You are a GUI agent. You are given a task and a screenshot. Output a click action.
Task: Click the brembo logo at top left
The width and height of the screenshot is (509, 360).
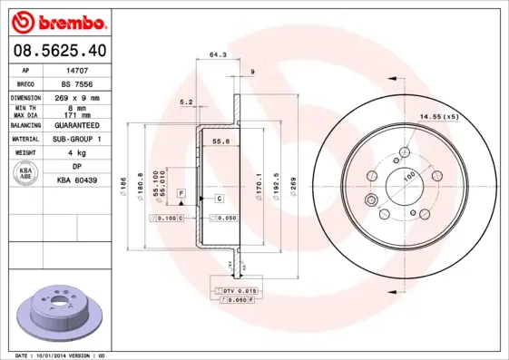point(57,20)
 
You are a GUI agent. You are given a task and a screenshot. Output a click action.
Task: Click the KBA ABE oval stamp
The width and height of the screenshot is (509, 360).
point(26,174)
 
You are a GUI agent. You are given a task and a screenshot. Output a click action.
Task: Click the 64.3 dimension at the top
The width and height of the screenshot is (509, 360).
point(217,55)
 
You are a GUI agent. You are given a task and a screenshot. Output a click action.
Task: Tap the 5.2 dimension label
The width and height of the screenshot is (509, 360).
point(187,102)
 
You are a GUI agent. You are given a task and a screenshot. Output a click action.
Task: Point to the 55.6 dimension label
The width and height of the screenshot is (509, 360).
point(219,141)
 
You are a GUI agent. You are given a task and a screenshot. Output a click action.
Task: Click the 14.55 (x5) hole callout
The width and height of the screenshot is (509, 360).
point(438,115)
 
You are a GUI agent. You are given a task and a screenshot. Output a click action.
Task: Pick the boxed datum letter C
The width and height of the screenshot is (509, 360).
point(219,197)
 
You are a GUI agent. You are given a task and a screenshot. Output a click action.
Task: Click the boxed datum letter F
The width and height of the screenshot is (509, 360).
point(181,194)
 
